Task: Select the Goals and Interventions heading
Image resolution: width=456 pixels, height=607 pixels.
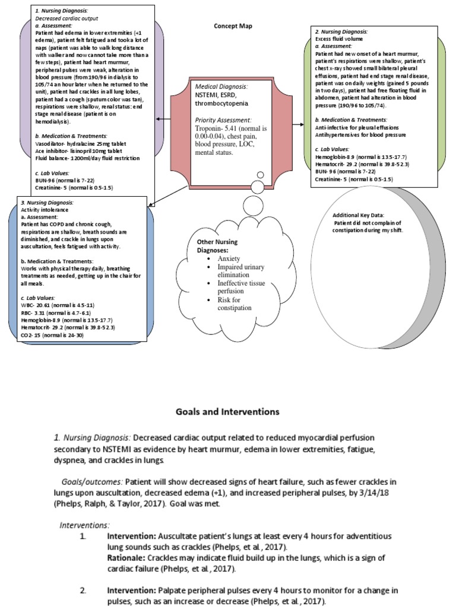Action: [227, 411]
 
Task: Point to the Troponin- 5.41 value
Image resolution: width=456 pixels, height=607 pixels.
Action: [216, 128]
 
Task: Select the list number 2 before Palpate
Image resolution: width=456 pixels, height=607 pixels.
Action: [84, 591]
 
